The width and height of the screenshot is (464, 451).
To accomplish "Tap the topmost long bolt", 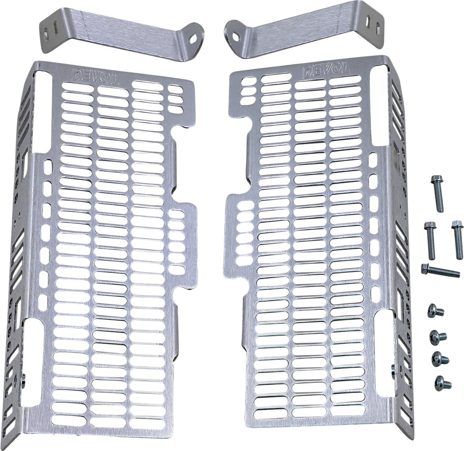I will click(436, 193).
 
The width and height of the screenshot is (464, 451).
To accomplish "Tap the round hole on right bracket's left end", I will click(235, 36).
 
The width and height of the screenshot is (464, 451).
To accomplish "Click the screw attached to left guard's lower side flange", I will click(22, 383).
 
